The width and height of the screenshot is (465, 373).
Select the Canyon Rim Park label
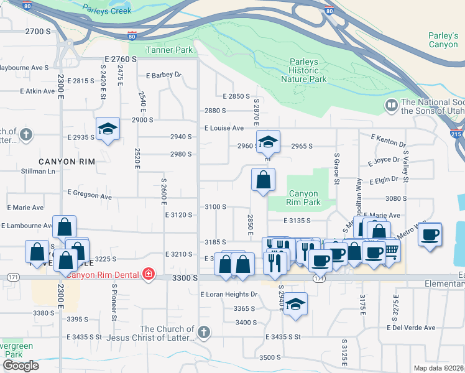[303, 198]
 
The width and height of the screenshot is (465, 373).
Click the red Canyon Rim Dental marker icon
[148, 275]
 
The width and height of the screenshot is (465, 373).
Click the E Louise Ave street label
[224, 128]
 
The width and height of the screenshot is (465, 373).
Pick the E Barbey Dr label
[163, 75]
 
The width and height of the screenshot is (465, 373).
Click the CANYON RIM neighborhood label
[67, 162]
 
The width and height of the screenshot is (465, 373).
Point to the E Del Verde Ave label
[411, 328]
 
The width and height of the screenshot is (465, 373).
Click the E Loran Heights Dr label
[229, 294]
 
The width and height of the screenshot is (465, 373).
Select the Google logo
[21, 366]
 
